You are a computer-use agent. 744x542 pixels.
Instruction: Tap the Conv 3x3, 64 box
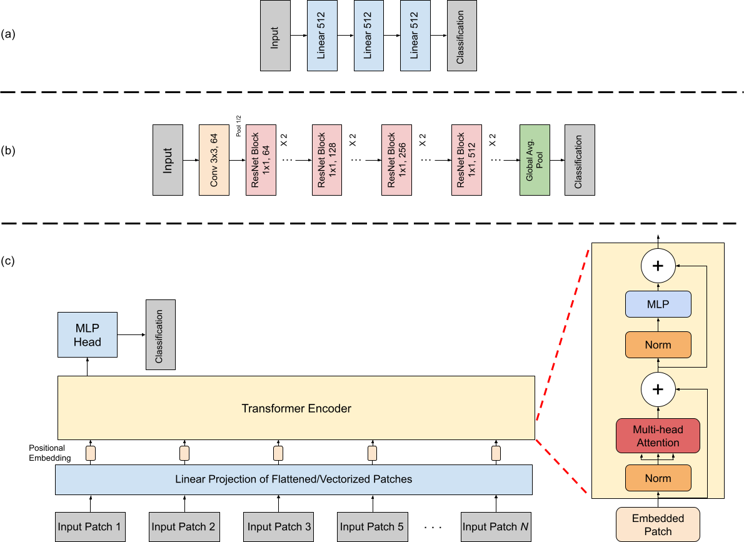click(x=214, y=159)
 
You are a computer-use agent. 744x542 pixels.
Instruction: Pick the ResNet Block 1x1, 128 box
click(x=328, y=159)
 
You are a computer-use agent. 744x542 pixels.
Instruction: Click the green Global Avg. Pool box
click(x=535, y=159)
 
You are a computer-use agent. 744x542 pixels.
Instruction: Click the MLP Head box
click(x=87, y=334)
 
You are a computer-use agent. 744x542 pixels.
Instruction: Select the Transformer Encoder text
click(x=296, y=409)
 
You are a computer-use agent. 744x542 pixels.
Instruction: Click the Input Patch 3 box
click(x=279, y=526)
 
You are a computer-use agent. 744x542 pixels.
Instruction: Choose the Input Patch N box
click(x=496, y=526)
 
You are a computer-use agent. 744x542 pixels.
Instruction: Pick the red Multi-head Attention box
click(x=657, y=436)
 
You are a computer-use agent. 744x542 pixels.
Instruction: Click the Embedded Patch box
click(x=657, y=524)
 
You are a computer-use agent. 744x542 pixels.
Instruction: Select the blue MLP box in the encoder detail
click(x=657, y=304)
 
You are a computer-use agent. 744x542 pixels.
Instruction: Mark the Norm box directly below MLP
click(x=657, y=344)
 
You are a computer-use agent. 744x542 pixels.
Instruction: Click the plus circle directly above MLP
click(x=657, y=266)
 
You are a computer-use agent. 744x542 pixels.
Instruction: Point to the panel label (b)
click(x=9, y=151)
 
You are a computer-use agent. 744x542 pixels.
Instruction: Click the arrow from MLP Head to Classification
click(x=131, y=334)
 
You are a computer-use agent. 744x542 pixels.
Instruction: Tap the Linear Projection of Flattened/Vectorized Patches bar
click(x=294, y=479)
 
